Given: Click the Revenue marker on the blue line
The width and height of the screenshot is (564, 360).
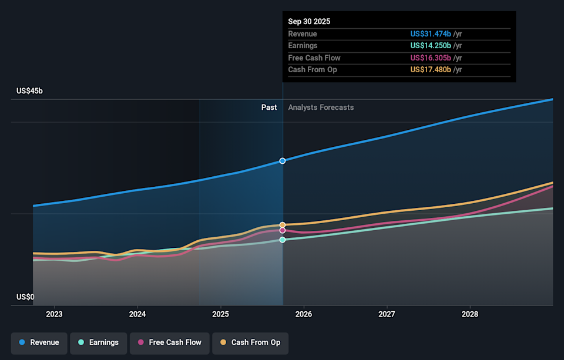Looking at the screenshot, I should [283, 160].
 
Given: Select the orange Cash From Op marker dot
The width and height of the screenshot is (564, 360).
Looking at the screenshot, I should [283, 225].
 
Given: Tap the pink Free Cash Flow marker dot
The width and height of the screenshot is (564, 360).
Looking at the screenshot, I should [283, 230].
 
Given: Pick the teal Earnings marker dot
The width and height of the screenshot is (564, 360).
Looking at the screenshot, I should [283, 240].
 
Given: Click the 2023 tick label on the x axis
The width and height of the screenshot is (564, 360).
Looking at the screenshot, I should [54, 314].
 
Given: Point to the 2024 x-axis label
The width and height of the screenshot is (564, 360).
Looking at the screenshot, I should [137, 314].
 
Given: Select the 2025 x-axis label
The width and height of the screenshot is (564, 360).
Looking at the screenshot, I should [220, 314].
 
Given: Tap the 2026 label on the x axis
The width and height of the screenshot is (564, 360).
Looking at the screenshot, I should [304, 314].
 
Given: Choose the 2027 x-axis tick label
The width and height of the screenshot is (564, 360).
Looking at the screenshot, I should [387, 314].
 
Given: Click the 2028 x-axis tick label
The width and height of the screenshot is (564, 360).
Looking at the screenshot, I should [470, 314].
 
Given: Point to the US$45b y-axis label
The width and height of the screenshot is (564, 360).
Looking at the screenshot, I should [30, 91].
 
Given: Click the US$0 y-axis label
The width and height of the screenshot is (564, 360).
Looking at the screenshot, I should [25, 297].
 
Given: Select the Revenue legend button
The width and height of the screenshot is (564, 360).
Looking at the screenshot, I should [39, 342].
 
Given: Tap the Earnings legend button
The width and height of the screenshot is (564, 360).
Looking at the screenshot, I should [98, 342].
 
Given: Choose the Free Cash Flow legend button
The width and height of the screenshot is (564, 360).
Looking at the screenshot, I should [169, 342].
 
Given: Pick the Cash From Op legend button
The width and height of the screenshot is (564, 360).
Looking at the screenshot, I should [250, 342].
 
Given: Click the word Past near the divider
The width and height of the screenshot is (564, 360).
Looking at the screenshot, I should [269, 107].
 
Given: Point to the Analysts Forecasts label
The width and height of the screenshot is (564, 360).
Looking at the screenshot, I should [321, 107].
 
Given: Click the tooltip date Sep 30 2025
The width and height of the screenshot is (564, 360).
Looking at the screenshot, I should [309, 21].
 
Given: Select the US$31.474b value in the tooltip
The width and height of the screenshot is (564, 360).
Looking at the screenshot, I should [431, 34].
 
